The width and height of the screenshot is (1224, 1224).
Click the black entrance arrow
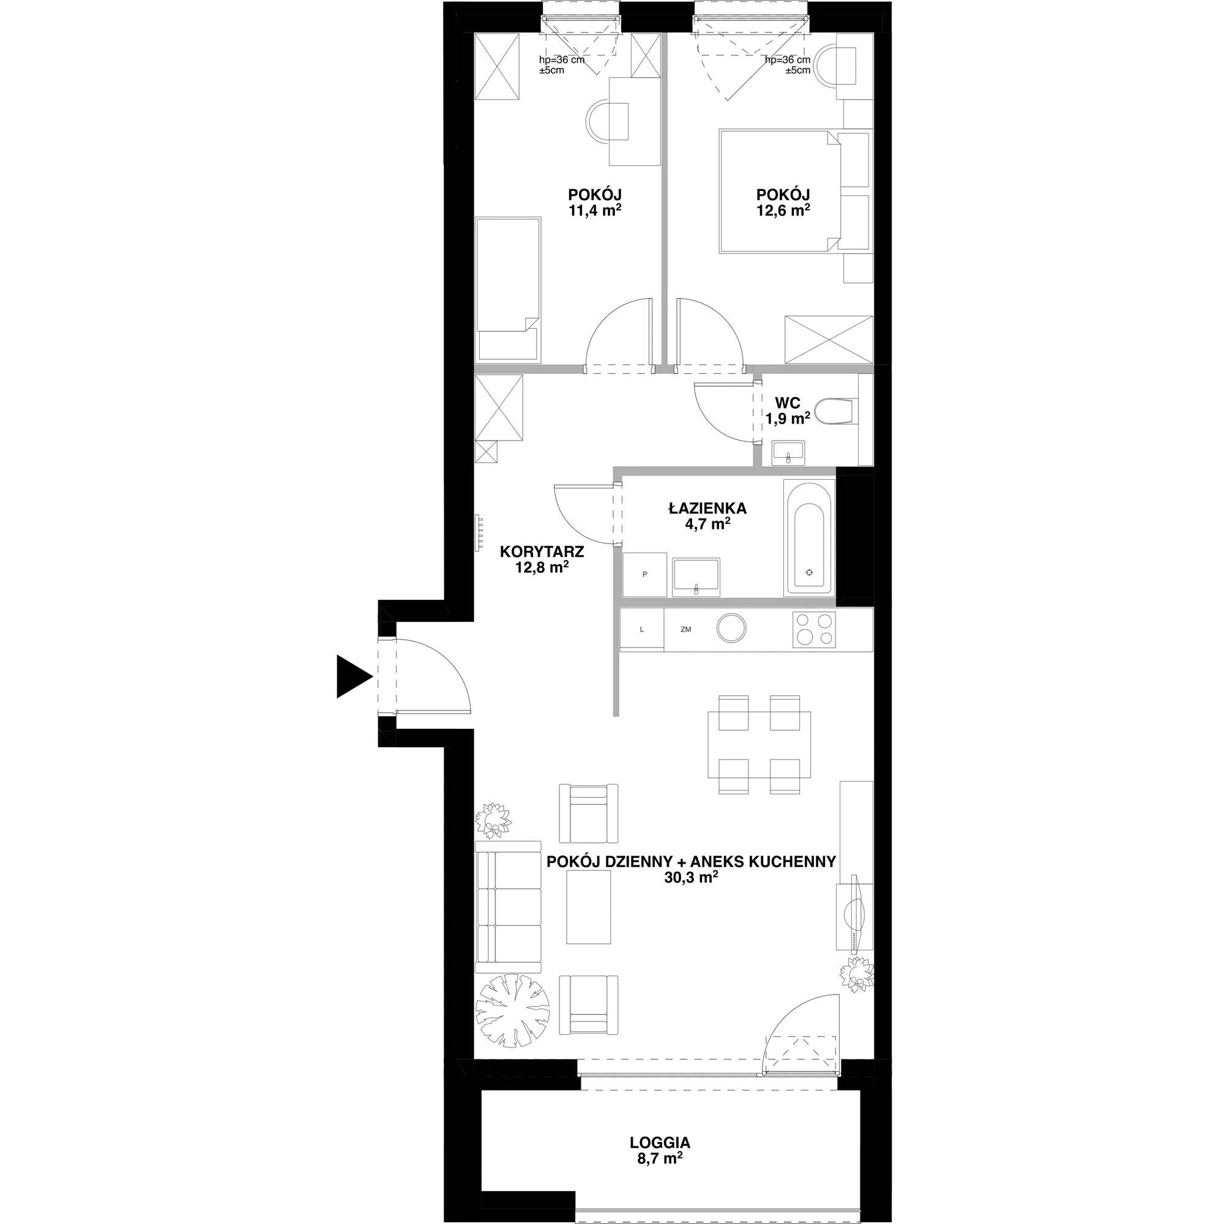[x=352, y=677]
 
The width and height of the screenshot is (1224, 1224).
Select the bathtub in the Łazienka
[x=809, y=538]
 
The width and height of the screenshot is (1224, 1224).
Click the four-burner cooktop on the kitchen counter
[x=814, y=629]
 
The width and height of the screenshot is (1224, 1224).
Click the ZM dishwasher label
[x=685, y=630]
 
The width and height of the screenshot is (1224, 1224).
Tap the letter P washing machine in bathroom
[x=645, y=575]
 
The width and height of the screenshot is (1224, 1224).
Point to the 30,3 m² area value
[x=690, y=878]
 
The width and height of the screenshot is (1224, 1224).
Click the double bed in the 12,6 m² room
[x=780, y=192]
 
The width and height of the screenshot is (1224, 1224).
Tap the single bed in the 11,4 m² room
[x=508, y=290]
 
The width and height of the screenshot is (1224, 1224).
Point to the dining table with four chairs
[x=759, y=744]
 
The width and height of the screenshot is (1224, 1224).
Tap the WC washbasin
[x=788, y=453]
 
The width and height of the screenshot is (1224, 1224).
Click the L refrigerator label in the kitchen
[x=642, y=630]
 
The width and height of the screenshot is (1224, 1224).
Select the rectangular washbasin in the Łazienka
[x=696, y=577]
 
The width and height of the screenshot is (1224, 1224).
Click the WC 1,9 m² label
[x=788, y=411]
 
